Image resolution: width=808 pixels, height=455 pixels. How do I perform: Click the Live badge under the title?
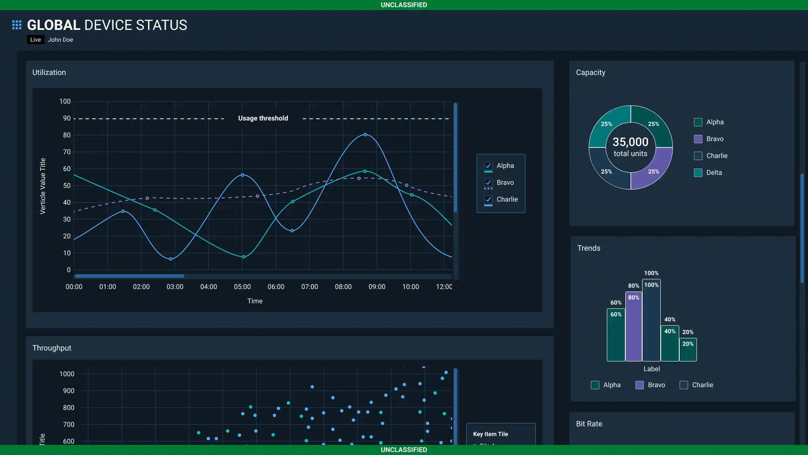click(x=35, y=40)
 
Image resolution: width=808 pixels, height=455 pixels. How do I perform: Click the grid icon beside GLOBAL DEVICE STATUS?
click(x=17, y=25)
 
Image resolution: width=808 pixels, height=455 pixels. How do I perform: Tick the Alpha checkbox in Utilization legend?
click(x=488, y=166)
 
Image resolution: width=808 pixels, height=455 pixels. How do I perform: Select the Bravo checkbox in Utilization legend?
click(x=488, y=182)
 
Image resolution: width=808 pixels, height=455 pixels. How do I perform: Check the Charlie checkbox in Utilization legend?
click(x=488, y=199)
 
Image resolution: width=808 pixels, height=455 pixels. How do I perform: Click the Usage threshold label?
click(x=263, y=118)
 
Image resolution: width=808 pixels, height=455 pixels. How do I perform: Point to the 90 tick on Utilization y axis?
click(x=67, y=118)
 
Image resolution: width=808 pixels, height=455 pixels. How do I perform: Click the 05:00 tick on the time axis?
click(x=242, y=287)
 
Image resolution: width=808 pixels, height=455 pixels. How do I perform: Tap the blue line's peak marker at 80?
click(x=365, y=135)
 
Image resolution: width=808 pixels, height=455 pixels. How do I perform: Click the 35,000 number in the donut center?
click(x=630, y=142)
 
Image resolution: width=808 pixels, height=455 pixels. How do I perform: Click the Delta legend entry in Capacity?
click(x=714, y=173)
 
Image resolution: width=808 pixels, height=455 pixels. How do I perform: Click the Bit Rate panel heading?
click(x=589, y=424)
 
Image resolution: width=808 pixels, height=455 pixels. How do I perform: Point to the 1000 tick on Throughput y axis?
click(x=67, y=374)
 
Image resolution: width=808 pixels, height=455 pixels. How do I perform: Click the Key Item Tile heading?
click(x=490, y=434)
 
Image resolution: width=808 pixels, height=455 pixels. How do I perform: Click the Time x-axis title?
click(x=255, y=301)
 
